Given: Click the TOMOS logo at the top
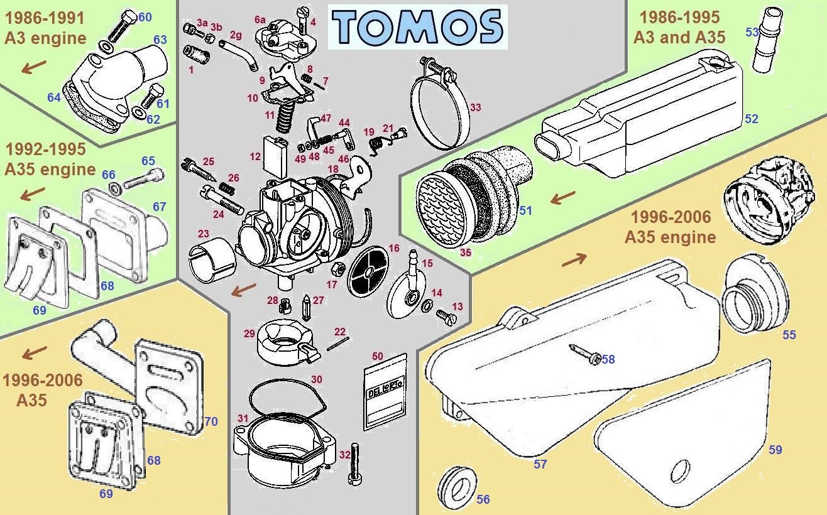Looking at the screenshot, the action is tap(417, 27).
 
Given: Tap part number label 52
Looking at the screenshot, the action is tap(752, 119).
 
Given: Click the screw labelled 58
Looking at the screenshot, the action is tap(585, 354).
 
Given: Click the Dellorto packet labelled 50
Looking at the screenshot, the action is tap(385, 393).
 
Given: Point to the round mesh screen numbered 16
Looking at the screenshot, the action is tap(368, 271).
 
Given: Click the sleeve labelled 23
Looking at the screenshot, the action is tap(213, 260).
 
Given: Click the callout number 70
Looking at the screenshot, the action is tap(211, 421).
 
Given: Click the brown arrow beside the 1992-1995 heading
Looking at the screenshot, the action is tap(33, 194).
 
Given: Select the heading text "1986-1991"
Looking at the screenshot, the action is tap(45, 18).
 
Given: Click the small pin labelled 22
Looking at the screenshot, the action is tap(338, 344).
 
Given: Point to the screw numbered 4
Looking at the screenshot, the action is tap(302, 20).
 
